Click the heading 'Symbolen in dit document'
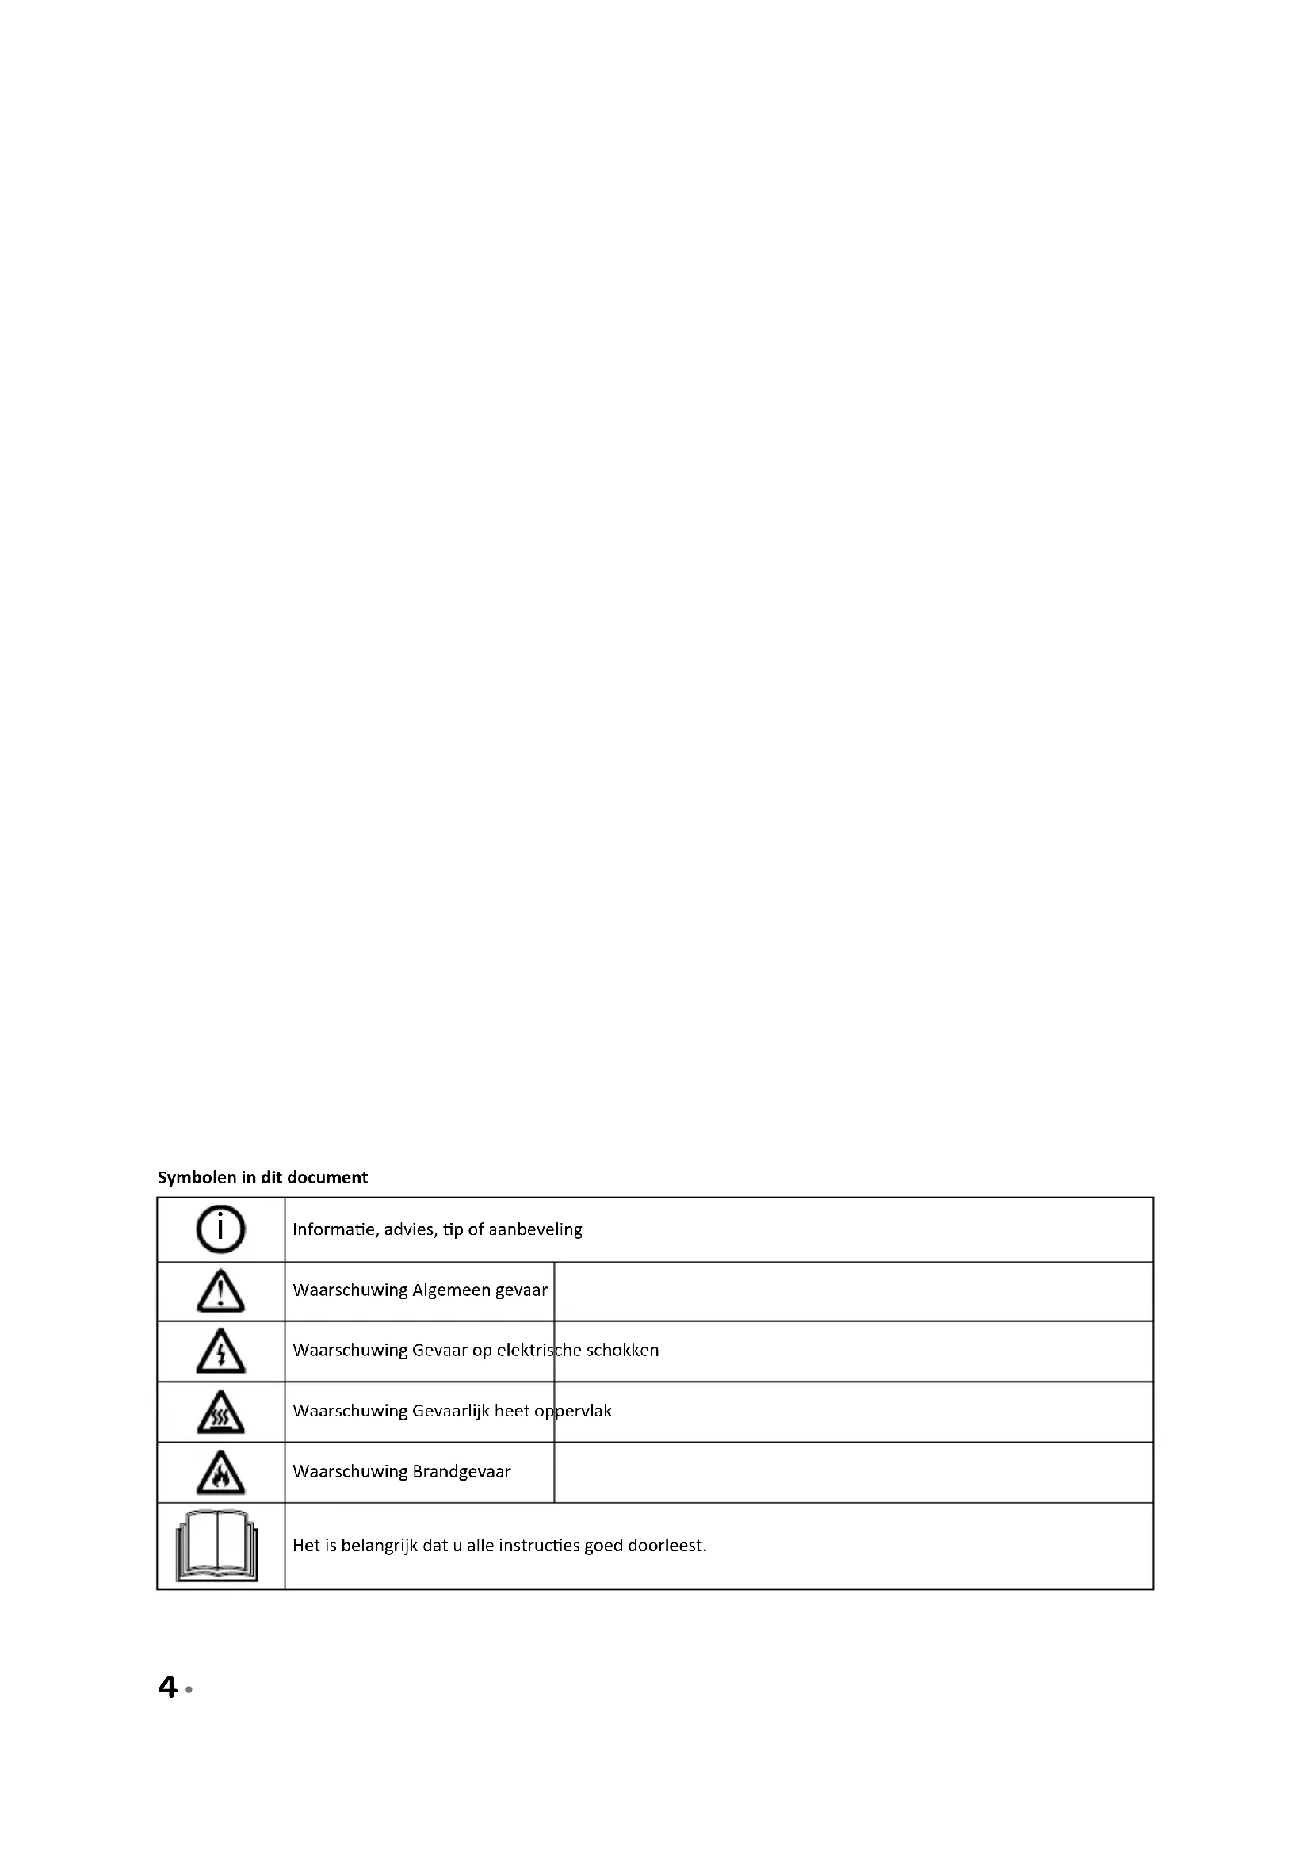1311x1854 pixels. [262, 1177]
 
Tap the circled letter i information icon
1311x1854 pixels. [220, 1229]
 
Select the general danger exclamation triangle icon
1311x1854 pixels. [220, 1290]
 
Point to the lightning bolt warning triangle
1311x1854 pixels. [220, 1351]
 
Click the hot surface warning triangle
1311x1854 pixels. [220, 1412]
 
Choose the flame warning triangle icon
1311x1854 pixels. [220, 1472]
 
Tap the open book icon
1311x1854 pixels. [217, 1546]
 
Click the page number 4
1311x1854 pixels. [167, 1687]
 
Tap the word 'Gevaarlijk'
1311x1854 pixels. [450, 1411]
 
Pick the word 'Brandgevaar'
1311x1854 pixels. [461, 1471]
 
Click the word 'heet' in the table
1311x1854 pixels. [512, 1411]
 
